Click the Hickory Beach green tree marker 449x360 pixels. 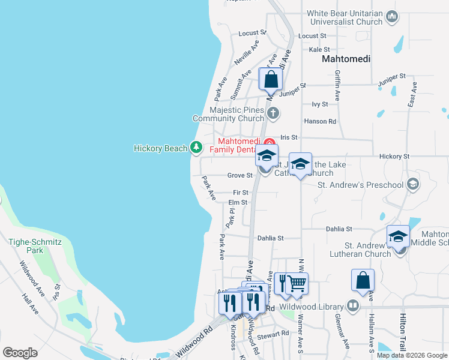(x=196, y=146)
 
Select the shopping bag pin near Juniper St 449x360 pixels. (x=271, y=80)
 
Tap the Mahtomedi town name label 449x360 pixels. (x=346, y=59)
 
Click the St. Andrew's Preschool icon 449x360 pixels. (x=412, y=184)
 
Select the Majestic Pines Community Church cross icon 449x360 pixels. (x=273, y=112)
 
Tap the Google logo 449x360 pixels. (x=20, y=353)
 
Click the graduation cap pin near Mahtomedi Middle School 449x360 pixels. (x=398, y=237)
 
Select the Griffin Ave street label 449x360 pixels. (x=337, y=84)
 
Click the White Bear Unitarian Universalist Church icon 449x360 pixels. (x=392, y=16)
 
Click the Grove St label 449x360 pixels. (x=240, y=175)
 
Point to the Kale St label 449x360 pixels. (x=318, y=50)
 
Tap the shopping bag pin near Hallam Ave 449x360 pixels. (x=363, y=281)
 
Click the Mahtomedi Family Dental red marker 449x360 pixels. (x=269, y=142)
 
